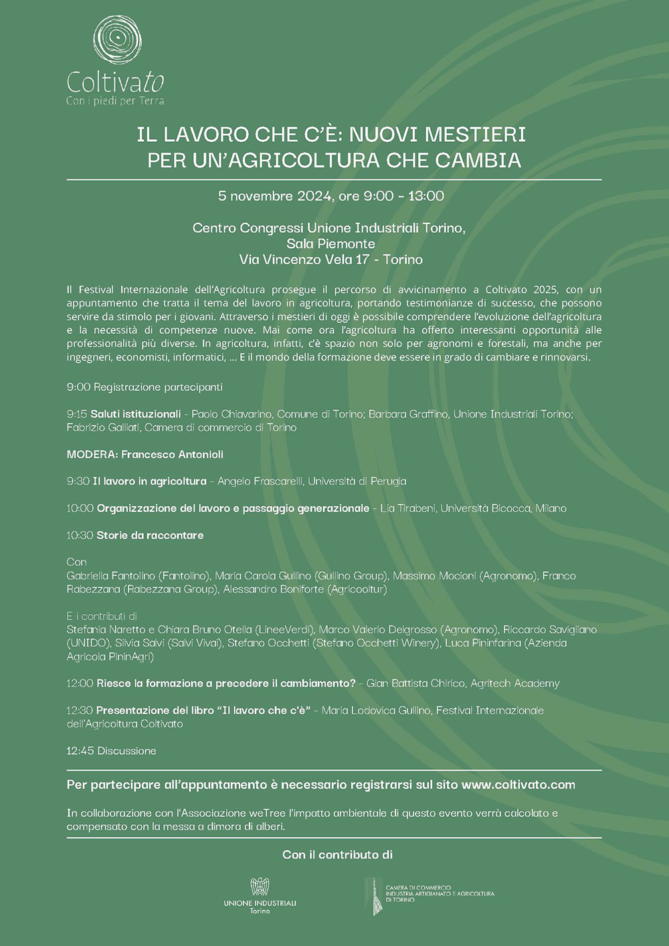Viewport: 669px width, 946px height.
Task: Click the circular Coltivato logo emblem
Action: coord(118,41)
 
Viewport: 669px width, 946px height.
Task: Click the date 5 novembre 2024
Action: coord(275,196)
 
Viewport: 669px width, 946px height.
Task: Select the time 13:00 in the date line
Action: coord(426,196)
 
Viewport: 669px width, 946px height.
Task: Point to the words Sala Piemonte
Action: coord(330,244)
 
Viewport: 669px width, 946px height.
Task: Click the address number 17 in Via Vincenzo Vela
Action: coord(362,260)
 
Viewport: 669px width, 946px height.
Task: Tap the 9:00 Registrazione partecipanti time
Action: coord(78,387)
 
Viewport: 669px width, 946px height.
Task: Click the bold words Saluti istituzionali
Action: coord(136,414)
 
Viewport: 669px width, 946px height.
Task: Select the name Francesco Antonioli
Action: coord(173,454)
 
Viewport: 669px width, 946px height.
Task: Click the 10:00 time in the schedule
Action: coord(80,508)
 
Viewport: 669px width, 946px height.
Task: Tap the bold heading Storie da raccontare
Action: coord(150,535)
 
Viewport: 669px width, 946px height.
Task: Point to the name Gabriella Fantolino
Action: coord(111,575)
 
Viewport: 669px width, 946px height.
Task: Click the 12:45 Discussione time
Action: coord(80,751)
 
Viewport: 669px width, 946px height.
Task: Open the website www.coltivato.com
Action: coord(518,785)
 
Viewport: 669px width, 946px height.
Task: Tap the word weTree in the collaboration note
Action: coord(268,813)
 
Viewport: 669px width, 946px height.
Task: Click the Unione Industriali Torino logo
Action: coord(260,895)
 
